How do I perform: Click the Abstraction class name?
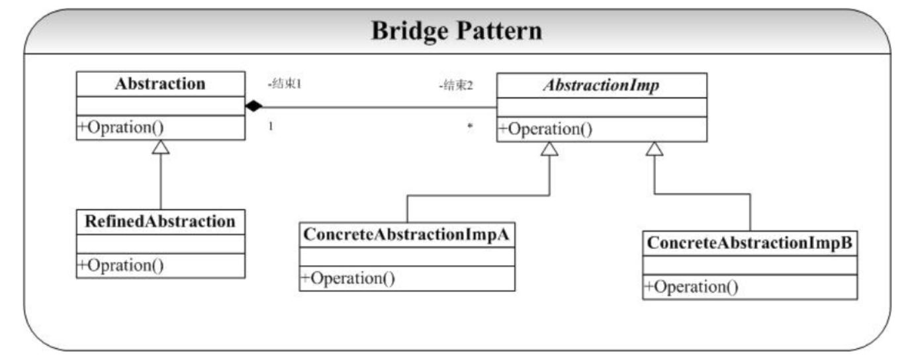coord(160,84)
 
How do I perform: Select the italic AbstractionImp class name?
coord(602,85)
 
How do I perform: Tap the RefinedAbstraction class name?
coord(160,221)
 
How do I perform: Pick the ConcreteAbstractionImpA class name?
coord(406,235)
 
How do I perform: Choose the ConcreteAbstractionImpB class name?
coord(749,243)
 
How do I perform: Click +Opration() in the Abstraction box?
coord(120,128)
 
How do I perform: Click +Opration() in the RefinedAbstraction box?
coord(120,265)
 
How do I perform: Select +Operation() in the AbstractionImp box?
coord(545,129)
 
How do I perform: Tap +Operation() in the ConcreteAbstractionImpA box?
coord(348,279)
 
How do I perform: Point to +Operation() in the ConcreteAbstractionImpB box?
coord(691,287)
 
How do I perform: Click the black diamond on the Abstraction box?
coord(254,107)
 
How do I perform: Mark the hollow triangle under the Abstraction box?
coord(161,147)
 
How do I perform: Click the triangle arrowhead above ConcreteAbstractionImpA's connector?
coord(549,149)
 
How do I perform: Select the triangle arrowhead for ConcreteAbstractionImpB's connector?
coord(655,149)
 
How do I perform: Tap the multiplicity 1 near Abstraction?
coord(271,126)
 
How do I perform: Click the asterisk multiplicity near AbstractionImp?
coord(470,126)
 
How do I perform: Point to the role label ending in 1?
coord(285,84)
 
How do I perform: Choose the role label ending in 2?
coord(456,85)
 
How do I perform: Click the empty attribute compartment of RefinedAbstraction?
coord(161,244)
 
